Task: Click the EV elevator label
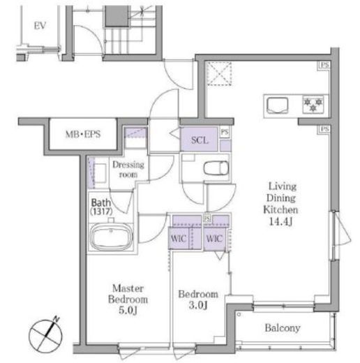coord(40,26)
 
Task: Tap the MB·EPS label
coord(83,134)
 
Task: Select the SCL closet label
coord(200,140)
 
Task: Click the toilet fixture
coord(216,168)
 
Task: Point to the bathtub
coord(111,237)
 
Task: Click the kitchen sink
coord(277,105)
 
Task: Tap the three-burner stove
coord(313,105)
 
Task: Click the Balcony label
coord(283,328)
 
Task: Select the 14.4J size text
coord(280,221)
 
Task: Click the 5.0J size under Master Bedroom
coord(128,310)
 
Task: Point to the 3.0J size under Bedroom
coord(198,305)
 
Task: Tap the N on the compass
coord(56,319)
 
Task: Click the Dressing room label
coord(128,170)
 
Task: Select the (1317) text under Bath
coord(102,212)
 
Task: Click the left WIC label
coord(179,239)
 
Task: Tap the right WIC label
coord(214,239)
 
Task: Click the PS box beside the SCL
coord(225,132)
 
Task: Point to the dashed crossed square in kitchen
coord(219,73)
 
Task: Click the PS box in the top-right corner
coord(324,65)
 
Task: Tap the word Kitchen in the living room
coord(280,209)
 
